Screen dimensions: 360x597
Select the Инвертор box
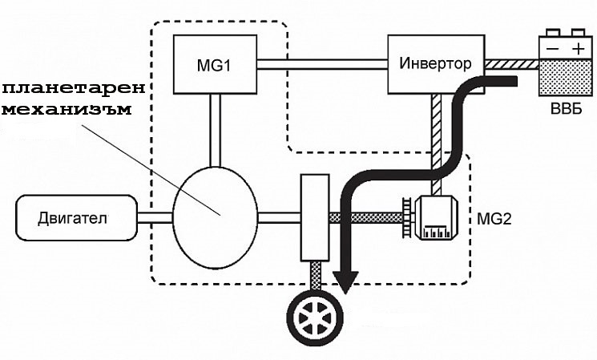point(437,63)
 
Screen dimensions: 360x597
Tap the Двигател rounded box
point(77,216)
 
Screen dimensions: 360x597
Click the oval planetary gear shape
point(215,216)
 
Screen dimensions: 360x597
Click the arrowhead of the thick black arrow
point(346,281)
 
